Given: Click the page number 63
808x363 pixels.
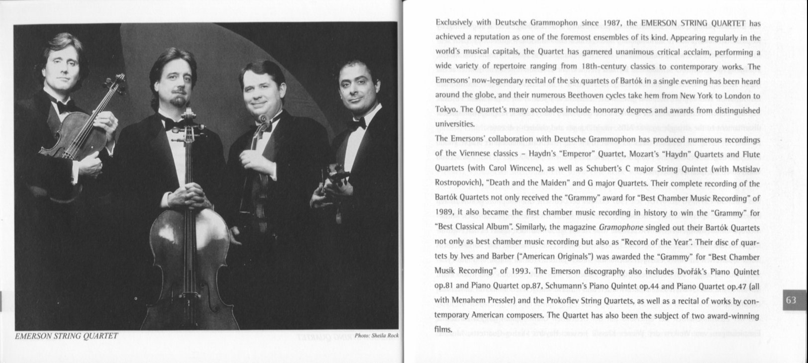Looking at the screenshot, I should pos(791,300).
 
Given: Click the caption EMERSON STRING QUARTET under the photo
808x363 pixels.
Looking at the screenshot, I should pos(67,336).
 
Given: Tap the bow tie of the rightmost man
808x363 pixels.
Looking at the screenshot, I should pos(356,123).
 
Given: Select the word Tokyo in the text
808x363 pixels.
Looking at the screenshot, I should pos(446,110).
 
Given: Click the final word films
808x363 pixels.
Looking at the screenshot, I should pos(443,330).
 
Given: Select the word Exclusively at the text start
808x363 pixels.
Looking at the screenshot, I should pos(454,22).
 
